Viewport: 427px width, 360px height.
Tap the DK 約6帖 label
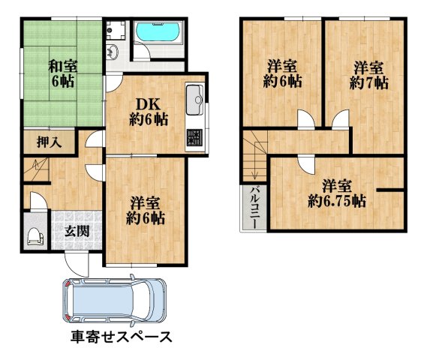(146, 109)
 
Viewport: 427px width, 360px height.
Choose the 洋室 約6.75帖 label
(336, 193)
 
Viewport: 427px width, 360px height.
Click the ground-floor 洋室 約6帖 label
(146, 211)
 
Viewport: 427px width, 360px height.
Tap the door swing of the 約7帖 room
(340, 118)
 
